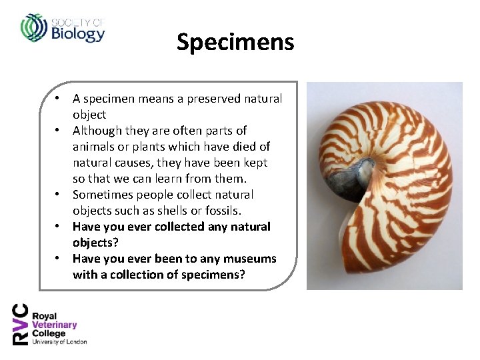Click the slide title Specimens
tap(235, 42)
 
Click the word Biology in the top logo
tap(78, 33)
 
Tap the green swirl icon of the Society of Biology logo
tap(33, 27)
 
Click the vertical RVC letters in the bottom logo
tap(21, 324)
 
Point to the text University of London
tap(60, 342)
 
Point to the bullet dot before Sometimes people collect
tap(59, 195)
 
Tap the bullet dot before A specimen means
tap(59, 99)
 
